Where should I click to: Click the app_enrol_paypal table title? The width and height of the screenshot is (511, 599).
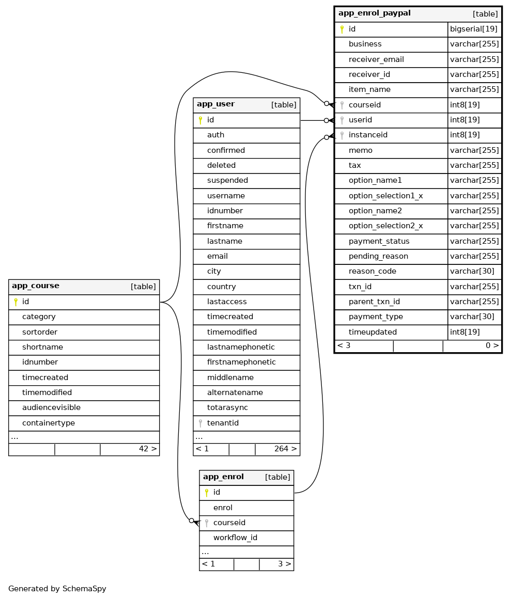click(x=374, y=13)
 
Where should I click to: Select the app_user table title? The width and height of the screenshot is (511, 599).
click(x=215, y=104)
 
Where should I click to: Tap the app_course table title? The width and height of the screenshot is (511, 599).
click(x=36, y=286)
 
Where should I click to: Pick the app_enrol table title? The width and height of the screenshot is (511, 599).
click(x=223, y=477)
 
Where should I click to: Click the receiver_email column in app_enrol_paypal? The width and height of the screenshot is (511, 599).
click(x=376, y=59)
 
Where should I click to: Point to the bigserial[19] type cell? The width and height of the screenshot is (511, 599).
click(x=474, y=29)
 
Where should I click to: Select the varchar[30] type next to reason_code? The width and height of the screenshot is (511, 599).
click(x=472, y=272)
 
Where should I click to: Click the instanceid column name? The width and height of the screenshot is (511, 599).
click(x=368, y=135)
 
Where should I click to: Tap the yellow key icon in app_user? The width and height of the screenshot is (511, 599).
click(x=200, y=120)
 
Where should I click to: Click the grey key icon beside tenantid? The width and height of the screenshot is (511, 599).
click(x=200, y=423)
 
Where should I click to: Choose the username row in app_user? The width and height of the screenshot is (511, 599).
click(x=226, y=196)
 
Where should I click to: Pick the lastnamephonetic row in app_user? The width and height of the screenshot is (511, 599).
click(x=241, y=348)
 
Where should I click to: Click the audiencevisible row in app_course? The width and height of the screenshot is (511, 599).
click(x=51, y=408)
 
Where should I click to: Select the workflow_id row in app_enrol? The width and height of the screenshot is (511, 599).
click(x=235, y=538)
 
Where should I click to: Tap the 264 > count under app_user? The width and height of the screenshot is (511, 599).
click(x=285, y=449)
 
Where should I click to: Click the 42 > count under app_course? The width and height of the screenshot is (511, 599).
click(x=147, y=449)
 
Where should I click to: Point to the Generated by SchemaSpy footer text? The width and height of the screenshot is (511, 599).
click(x=57, y=589)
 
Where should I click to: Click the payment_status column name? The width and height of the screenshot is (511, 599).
click(x=379, y=242)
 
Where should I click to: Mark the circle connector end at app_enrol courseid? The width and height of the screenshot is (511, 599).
click(x=191, y=521)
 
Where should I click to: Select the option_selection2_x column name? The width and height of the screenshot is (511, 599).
click(x=385, y=226)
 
